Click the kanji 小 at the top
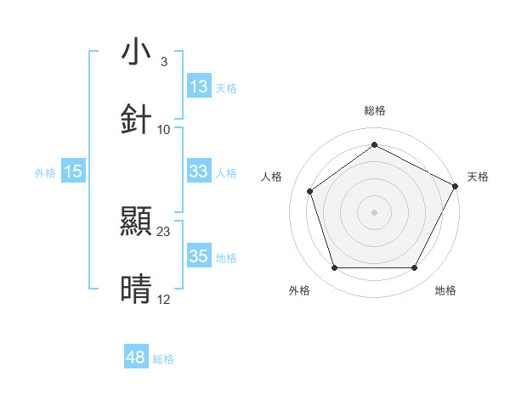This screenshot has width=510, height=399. tap(136, 52)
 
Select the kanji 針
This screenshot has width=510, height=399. tap(136, 120)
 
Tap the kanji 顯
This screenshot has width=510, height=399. tap(136, 222)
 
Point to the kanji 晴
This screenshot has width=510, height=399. tap(136, 289)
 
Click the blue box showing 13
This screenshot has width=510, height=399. tap(199, 87)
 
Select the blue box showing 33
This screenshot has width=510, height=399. tap(199, 171)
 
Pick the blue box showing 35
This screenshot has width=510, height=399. tap(199, 256)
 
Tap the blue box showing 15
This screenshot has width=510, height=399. tap(73, 171)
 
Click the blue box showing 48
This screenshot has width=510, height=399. tap(136, 357)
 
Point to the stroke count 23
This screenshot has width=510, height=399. tap(164, 231)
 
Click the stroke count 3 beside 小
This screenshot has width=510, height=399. tap(163, 62)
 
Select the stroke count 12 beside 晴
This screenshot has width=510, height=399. tap(164, 299)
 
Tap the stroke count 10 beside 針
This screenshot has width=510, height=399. tap(164, 129)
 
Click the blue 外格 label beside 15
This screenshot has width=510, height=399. tap(45, 172)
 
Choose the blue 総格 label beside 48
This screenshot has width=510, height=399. tap(163, 359)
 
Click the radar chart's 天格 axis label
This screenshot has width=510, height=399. tap(479, 177)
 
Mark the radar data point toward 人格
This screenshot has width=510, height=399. tap(310, 191)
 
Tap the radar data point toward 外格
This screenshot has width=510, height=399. tap(334, 268)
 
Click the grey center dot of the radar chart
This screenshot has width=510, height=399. tap(374, 211)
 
